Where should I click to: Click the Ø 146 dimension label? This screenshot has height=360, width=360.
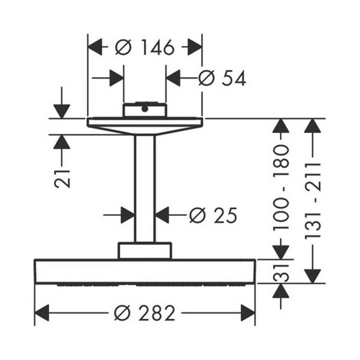point(145,48)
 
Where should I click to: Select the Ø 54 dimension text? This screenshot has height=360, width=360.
point(222,78)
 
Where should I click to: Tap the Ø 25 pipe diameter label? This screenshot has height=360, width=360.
point(213,215)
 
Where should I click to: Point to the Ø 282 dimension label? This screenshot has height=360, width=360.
point(145,313)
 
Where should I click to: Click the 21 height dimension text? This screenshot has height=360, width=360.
point(62,179)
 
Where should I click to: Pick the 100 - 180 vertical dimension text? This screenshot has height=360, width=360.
point(281,188)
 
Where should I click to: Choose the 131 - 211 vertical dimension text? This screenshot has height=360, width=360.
point(312,201)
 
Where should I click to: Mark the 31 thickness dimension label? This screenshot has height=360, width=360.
point(281,273)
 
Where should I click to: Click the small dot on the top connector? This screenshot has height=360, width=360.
point(145,109)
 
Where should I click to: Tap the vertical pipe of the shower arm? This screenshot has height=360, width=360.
point(145,189)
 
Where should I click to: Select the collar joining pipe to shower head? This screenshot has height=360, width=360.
point(145,251)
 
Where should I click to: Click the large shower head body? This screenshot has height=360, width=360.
point(145,272)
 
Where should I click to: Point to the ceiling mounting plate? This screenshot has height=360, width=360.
point(145,126)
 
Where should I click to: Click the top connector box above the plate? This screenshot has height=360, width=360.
point(145,110)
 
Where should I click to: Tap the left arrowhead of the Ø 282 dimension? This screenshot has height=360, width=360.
point(42,313)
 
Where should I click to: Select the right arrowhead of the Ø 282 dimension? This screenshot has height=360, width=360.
point(248,313)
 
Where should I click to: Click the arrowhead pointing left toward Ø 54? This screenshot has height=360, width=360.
point(174,78)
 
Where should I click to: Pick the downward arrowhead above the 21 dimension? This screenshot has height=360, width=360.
point(62,112)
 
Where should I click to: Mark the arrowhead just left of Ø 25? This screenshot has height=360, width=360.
point(127,215)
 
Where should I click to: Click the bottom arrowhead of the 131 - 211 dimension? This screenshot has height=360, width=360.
point(312,276)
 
